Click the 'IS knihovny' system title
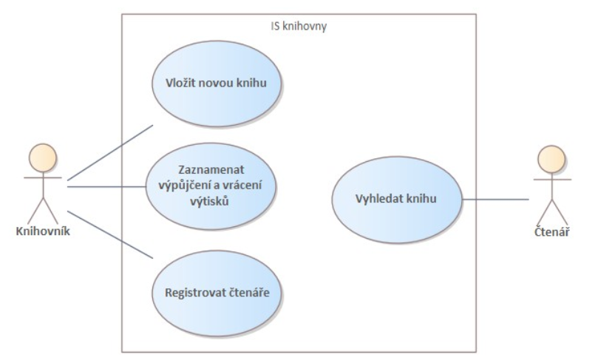point(299,26)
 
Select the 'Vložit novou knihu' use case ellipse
point(217,84)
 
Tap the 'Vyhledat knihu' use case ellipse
point(397,200)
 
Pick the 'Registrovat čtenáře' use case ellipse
point(217,293)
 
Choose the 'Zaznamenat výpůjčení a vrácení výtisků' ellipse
point(211,186)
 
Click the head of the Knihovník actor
point(43,157)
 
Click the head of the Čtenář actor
point(551,160)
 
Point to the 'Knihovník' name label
point(43,231)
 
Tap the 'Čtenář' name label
point(551,232)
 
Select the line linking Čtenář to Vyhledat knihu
point(495,199)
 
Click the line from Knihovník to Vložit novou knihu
point(110,152)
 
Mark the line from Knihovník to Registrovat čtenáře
point(110,234)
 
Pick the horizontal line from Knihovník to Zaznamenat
point(106,186)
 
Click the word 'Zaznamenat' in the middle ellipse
point(211,169)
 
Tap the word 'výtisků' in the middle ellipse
point(209,201)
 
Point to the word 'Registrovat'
point(195,293)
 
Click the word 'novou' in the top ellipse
point(217,83)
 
